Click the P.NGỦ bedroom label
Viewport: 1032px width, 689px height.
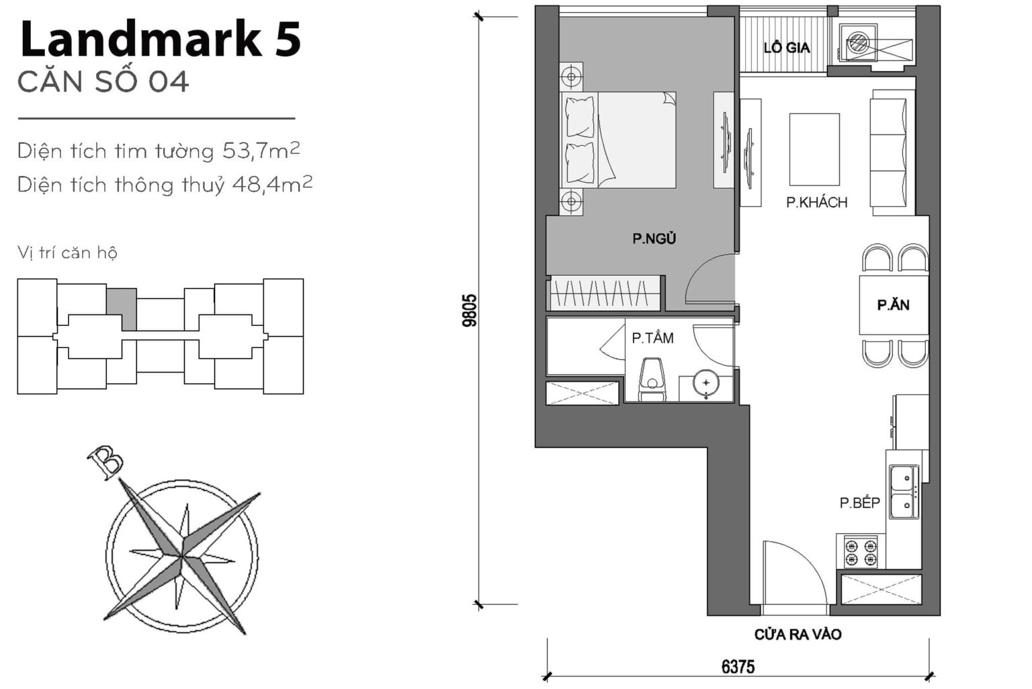(654, 238)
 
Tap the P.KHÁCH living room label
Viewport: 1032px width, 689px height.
(816, 202)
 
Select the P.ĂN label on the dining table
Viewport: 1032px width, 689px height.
(893, 305)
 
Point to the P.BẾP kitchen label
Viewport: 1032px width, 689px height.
(859, 503)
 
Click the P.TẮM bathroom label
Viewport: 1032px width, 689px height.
(652, 338)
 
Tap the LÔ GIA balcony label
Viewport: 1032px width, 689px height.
(786, 48)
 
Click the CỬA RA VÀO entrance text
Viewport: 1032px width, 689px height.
(798, 635)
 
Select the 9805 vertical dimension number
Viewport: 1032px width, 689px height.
(470, 310)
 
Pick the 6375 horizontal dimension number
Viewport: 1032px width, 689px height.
(738, 667)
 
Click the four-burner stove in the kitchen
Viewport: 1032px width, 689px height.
(861, 551)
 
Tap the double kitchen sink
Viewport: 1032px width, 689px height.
(904, 492)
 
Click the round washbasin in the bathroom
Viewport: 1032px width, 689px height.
(706, 382)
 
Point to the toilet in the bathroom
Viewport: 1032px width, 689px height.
(651, 380)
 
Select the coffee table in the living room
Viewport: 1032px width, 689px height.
(814, 149)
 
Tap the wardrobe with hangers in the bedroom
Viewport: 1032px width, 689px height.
(604, 293)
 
